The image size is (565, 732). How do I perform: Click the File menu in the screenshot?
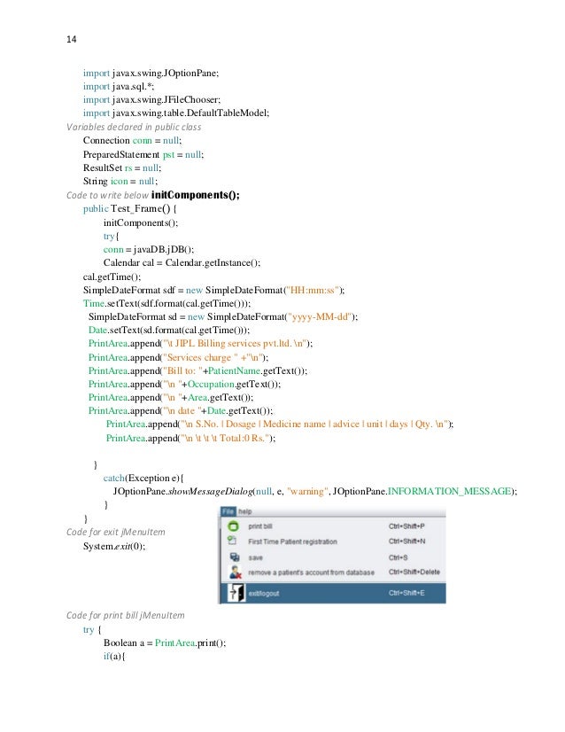pyautogui.click(x=228, y=511)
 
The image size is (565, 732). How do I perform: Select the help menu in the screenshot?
pyautogui.click(x=244, y=511)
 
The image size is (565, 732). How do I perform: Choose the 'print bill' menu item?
pyautogui.click(x=260, y=526)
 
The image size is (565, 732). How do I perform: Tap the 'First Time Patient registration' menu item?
pyautogui.click(x=294, y=541)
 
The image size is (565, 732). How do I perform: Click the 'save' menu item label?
pyautogui.click(x=256, y=557)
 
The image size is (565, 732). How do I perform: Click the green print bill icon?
pyautogui.click(x=234, y=526)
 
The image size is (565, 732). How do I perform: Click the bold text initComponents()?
pyautogui.click(x=196, y=196)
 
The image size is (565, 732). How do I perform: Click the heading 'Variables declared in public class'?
pyautogui.click(x=134, y=127)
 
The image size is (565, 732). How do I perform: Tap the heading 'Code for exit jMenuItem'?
pyautogui.click(x=116, y=532)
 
